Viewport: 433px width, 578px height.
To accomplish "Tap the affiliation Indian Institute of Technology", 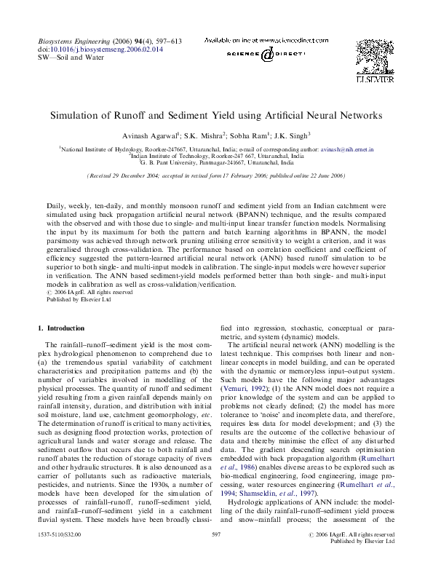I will (x=175, y=156).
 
